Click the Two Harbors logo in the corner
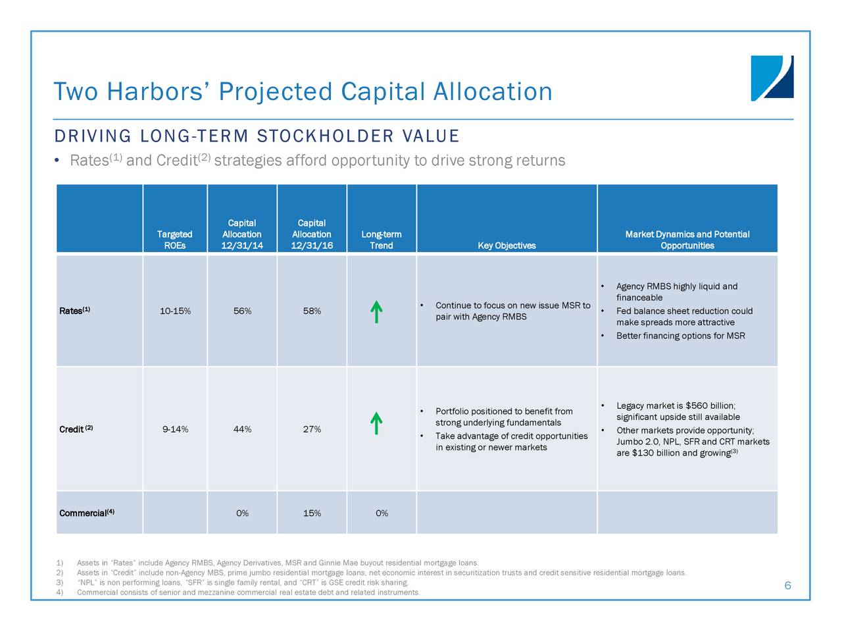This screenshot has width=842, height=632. click(772, 78)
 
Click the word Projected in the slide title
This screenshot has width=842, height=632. click(276, 92)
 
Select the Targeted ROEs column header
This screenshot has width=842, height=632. click(174, 240)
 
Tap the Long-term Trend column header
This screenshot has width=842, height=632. click(382, 240)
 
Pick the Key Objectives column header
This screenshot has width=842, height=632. click(507, 246)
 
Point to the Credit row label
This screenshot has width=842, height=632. click(76, 429)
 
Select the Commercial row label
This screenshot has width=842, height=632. click(87, 513)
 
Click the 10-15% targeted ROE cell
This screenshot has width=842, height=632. click(175, 311)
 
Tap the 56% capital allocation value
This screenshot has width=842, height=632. click(243, 311)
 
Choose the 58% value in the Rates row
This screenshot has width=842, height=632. click(312, 311)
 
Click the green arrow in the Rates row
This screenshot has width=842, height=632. click(376, 311)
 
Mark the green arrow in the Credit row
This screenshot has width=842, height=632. click(376, 423)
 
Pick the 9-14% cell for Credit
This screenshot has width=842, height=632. click(175, 429)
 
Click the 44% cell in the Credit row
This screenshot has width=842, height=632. click(243, 429)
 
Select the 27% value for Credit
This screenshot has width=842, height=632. click(312, 429)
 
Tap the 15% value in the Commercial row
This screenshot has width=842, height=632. click(312, 513)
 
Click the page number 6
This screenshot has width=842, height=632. click(787, 585)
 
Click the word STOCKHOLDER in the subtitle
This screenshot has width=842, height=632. click(326, 136)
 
